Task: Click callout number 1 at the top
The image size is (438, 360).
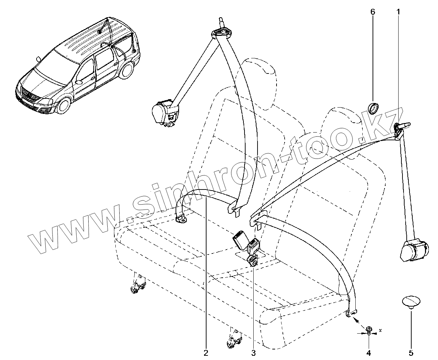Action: pos(398,12)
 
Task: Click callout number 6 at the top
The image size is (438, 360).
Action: pos(373,12)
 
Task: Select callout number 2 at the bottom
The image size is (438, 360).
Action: pos(206,352)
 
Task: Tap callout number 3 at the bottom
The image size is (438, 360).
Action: pos(253,352)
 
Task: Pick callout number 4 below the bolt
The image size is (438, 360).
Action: pos(369,352)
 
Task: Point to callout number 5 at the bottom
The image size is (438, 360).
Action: pos(411,352)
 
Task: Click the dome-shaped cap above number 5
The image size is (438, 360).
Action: pos(411,302)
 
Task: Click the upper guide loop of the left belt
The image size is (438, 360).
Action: pos(221,32)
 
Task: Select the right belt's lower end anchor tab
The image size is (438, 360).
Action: pos(352,313)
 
